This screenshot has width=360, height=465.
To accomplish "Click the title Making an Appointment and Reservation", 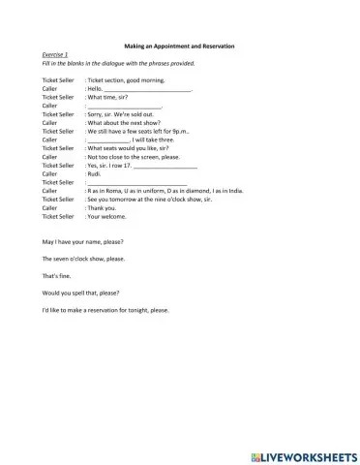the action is (180, 46).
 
